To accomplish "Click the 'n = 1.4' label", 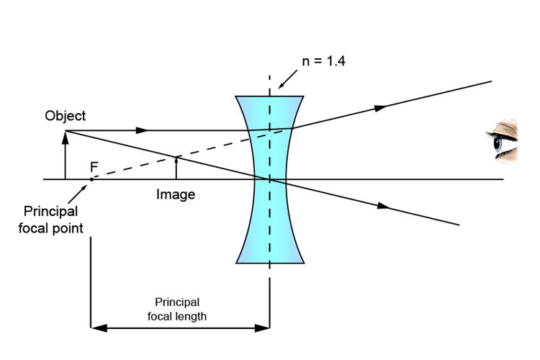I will (323, 61).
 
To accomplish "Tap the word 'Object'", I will (65, 115).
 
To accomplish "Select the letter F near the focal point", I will (94, 167).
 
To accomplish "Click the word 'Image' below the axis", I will (176, 194).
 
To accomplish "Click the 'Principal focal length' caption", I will (177, 309).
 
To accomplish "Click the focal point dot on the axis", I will (91, 179).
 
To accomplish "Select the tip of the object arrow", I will (65, 132).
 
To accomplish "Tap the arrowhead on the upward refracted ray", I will (382, 107).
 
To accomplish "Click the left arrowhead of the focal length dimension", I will (95, 328).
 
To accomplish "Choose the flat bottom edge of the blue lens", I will (270, 263).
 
